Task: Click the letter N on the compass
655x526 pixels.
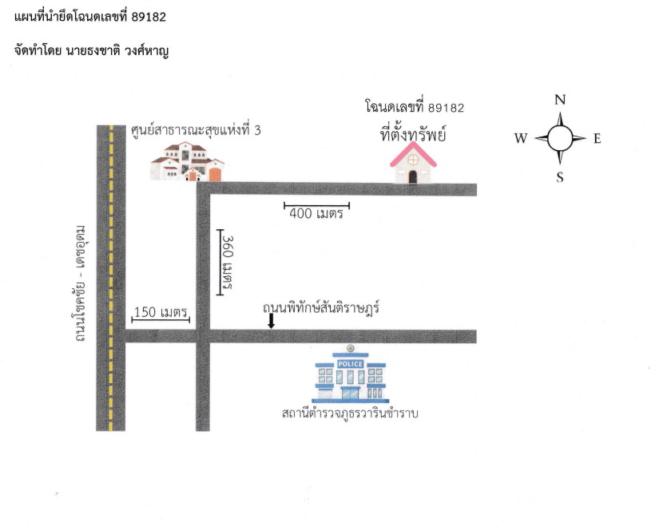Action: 560,99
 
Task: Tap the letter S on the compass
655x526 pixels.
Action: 560,177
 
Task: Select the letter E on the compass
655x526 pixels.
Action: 597,139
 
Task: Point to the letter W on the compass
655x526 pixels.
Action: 521,138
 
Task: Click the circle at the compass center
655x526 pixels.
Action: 560,139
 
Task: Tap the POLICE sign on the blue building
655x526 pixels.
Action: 350,364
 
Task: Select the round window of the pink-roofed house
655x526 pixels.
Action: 413,160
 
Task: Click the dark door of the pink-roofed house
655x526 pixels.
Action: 413,177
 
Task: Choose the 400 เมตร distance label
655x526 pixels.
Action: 316,214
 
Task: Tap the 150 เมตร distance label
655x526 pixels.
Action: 161,312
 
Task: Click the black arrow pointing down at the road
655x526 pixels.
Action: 271,321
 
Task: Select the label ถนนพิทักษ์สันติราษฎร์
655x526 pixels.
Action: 321,308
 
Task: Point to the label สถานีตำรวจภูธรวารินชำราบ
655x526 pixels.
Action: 350,413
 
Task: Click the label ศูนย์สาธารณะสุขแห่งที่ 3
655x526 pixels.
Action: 196,130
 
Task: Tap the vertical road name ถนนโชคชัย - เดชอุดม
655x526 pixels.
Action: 80,283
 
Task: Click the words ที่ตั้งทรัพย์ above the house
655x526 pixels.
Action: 413,134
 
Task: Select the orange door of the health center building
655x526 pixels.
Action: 215,175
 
